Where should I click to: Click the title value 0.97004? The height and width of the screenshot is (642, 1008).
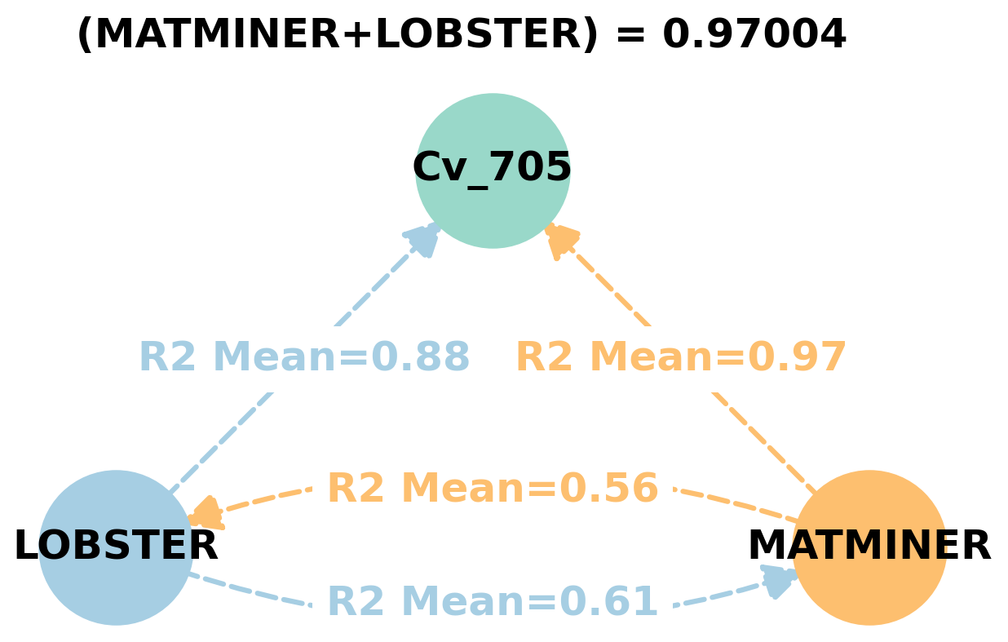pyautogui.click(x=754, y=35)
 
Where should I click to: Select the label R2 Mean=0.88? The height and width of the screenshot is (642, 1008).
pyautogui.click(x=304, y=357)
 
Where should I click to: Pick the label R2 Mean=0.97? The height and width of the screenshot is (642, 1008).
pyautogui.click(x=681, y=357)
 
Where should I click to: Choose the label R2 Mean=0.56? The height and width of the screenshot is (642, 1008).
pyautogui.click(x=493, y=489)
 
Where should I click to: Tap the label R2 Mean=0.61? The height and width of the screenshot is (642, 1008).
pyautogui.click(x=493, y=602)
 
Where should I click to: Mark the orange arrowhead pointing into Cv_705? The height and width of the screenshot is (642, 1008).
pyautogui.click(x=561, y=241)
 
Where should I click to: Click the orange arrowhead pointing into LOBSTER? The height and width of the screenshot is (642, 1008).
pyautogui.click(x=206, y=514)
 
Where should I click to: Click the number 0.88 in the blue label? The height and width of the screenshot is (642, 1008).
pyautogui.click(x=420, y=357)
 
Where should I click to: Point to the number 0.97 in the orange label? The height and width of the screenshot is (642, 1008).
pyautogui.click(x=797, y=357)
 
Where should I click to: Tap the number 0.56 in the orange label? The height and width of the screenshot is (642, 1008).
pyautogui.click(x=608, y=489)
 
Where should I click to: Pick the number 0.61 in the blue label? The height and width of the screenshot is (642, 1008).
pyautogui.click(x=608, y=602)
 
